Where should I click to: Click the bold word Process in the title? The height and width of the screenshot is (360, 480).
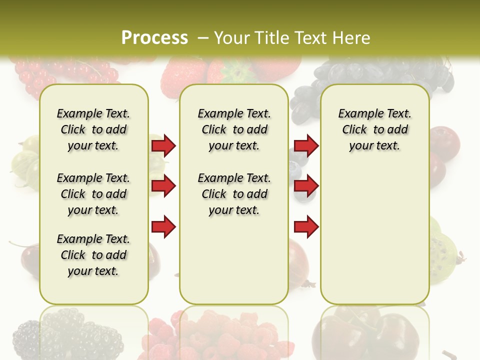point(154,37)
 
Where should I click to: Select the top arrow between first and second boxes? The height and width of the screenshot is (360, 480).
point(163,146)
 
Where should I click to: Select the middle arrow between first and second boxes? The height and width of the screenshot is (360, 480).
point(163,186)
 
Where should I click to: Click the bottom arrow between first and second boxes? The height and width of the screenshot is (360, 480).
point(163,227)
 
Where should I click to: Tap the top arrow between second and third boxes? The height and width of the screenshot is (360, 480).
point(306,146)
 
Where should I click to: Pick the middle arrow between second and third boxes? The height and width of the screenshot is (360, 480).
point(306,186)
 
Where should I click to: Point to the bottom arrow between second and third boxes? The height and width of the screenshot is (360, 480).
point(306,227)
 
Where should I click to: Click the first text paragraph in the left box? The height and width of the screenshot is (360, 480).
point(93,129)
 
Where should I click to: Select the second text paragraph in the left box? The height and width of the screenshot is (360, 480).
point(93,194)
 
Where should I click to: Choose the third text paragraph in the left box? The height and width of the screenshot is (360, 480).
point(93,255)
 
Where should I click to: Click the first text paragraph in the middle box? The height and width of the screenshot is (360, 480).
point(234,129)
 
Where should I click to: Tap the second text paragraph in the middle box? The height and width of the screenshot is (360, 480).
point(234,194)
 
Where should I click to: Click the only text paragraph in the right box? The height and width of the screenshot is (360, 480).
point(374,129)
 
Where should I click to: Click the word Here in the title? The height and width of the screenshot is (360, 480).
point(352,38)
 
